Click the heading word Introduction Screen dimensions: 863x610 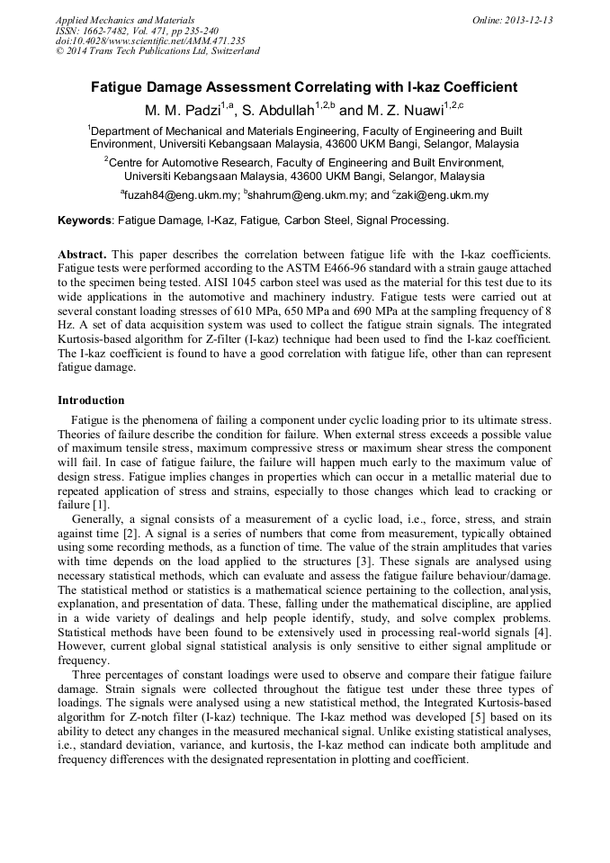(91, 400)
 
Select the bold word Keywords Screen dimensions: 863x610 (85, 220)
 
